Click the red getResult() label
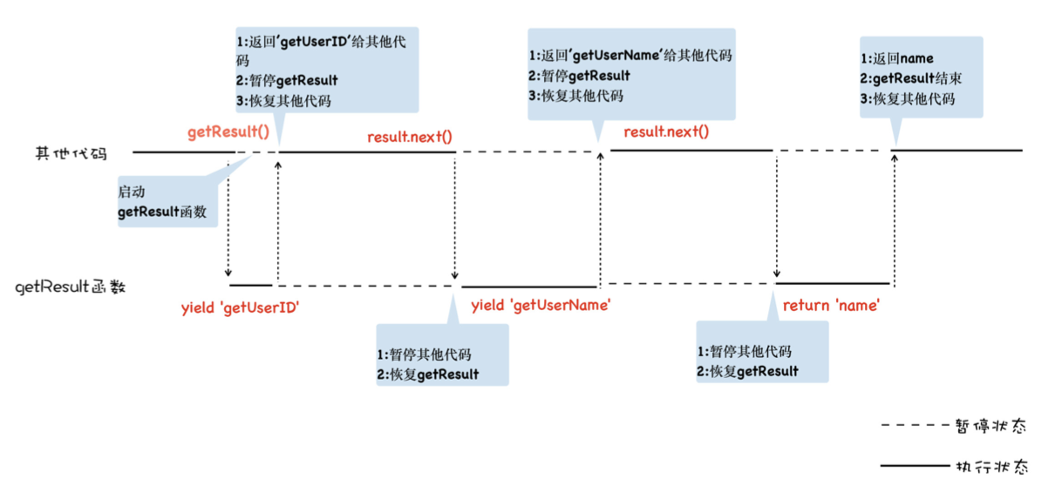(228, 133)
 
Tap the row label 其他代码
(71, 153)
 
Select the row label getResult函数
(71, 287)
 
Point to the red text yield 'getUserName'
(541, 306)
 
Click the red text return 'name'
(831, 306)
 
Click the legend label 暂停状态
(992, 427)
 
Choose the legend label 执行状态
(992, 468)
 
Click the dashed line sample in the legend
(911, 427)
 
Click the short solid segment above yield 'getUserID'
(250, 285)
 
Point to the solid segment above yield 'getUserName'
(529, 287)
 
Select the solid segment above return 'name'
(833, 284)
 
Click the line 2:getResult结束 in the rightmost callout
(911, 78)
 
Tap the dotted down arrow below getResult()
(228, 218)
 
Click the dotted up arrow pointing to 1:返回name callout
(895, 218)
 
